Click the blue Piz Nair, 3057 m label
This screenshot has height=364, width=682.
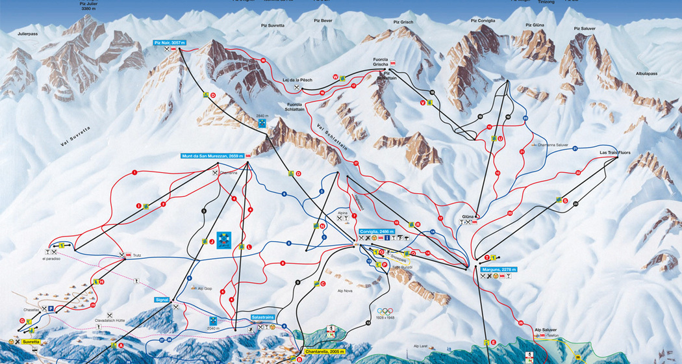[x=170, y=42]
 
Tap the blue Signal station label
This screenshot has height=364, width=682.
[x=162, y=300]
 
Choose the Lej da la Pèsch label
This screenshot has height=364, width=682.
[x=297, y=80]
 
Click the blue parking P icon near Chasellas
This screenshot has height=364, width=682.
[x=50, y=309]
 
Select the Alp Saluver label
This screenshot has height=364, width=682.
[x=545, y=330]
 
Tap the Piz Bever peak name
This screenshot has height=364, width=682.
[x=322, y=21]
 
